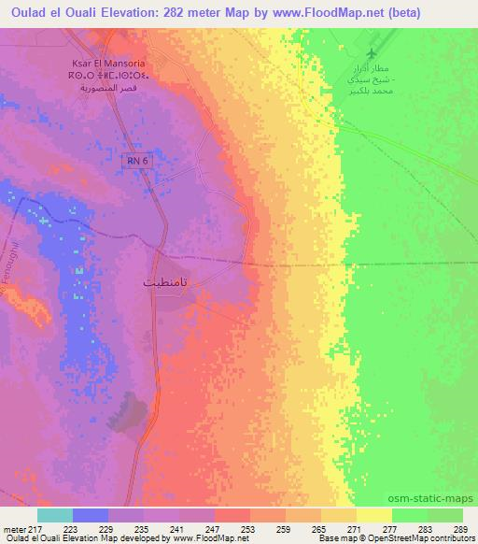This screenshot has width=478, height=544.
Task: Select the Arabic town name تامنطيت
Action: (169, 279)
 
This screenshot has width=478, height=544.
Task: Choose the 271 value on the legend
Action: (354, 528)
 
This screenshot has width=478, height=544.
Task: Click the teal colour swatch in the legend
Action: (55, 515)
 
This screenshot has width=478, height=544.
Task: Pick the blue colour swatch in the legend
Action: (90, 515)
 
